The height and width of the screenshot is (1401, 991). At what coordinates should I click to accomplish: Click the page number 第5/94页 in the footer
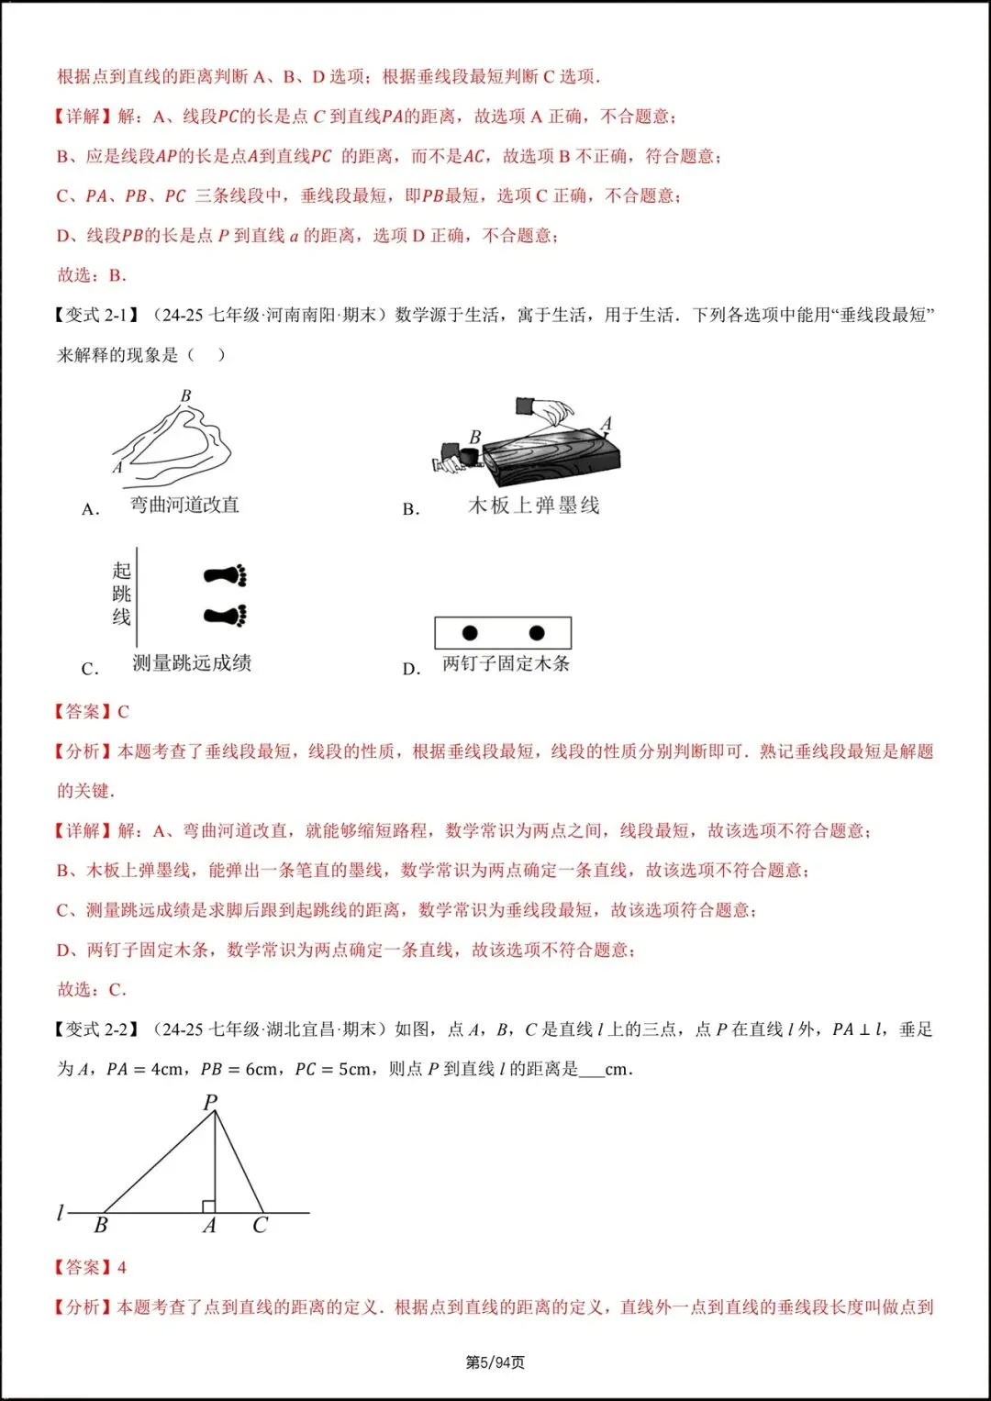(495, 1362)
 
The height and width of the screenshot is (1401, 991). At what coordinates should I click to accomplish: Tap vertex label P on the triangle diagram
(210, 1102)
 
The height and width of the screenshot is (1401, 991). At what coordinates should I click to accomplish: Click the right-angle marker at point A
(208, 1206)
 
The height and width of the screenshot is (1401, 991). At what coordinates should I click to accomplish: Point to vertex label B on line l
(101, 1226)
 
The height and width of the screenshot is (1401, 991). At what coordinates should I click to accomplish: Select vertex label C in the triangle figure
(260, 1226)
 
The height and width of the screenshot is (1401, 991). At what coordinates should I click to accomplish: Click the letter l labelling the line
(61, 1213)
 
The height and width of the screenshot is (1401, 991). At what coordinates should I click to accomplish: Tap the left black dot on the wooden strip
(470, 633)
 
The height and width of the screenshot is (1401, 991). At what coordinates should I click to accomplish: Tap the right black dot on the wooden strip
(537, 633)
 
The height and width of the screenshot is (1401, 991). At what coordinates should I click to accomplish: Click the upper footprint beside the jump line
(226, 576)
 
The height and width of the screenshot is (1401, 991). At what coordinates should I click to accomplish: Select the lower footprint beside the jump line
(226, 615)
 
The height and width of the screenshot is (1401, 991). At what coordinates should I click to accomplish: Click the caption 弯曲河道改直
(184, 505)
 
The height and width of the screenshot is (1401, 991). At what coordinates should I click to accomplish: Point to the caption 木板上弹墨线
(533, 506)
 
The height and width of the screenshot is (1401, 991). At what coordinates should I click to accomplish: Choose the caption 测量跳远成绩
(191, 663)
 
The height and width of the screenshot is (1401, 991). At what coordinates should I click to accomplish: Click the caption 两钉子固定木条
(506, 663)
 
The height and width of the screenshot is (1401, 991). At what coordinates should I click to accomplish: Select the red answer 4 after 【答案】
(122, 1267)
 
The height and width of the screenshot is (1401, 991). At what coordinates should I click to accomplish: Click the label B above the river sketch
(186, 395)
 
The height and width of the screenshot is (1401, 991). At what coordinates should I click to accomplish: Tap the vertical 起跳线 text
(122, 594)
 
